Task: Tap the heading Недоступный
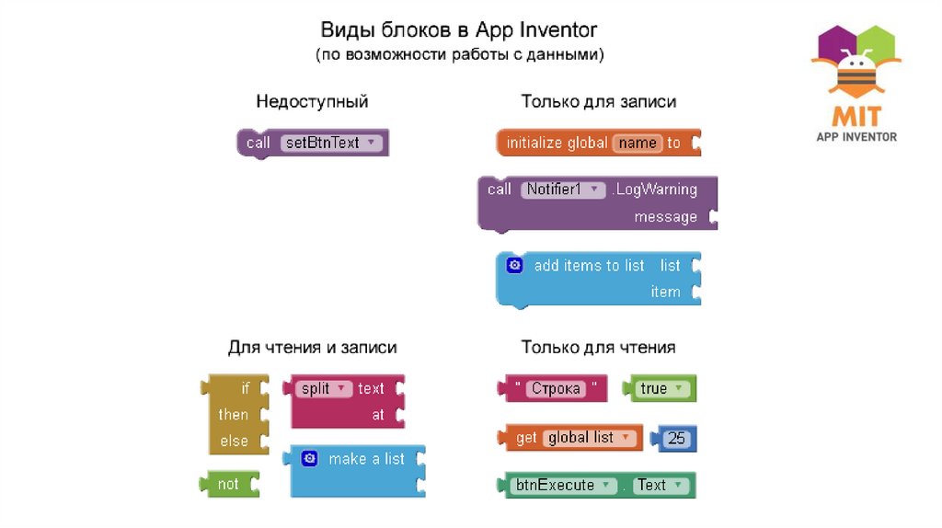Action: [312, 101]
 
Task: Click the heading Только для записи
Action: [599, 101]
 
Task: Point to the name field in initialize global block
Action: [638, 143]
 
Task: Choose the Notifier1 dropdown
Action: [563, 189]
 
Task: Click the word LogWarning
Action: [656, 189]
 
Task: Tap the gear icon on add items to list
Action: [514, 265]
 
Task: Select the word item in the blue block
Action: [665, 292]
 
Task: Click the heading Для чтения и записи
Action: [312, 348]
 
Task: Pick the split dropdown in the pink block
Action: [325, 388]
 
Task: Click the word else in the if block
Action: [234, 441]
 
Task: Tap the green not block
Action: [228, 484]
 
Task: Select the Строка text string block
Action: [556, 388]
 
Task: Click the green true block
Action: [660, 388]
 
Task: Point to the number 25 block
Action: [676, 439]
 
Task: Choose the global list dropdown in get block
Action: [589, 438]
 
